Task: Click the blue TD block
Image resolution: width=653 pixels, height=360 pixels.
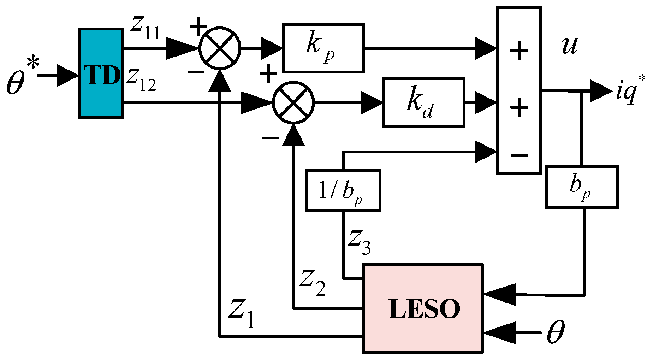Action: click(x=101, y=73)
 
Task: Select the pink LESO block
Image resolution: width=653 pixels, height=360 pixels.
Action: click(x=423, y=308)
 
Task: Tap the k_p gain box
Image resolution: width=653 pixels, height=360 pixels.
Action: click(x=323, y=48)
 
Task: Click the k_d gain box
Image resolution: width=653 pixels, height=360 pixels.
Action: click(x=423, y=102)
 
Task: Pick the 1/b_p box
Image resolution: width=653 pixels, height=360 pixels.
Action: click(x=343, y=191)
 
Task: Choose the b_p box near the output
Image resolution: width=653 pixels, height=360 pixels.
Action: click(x=581, y=187)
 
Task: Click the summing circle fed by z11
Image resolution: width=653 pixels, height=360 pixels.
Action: click(x=219, y=48)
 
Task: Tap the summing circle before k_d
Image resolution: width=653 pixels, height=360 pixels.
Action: click(x=293, y=103)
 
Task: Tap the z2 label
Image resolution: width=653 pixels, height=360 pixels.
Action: click(x=312, y=283)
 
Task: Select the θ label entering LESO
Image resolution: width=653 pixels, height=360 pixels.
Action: click(x=556, y=332)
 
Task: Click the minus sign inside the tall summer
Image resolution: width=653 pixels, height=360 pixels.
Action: click(x=519, y=155)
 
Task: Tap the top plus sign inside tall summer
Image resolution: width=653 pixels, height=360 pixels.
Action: click(x=519, y=51)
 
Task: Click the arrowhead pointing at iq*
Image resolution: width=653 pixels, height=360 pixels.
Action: click(x=600, y=91)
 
